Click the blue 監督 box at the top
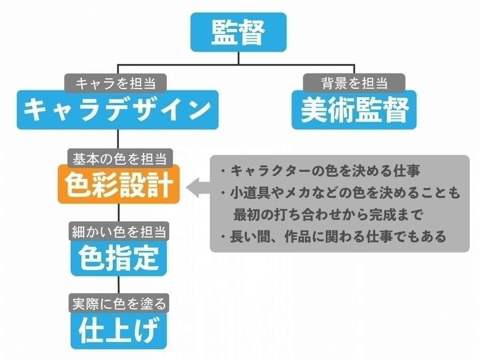[238, 32]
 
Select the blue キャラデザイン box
[118, 110]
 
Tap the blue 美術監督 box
[354, 110]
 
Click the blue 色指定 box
[119, 258]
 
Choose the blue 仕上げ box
[119, 331]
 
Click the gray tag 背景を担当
[354, 83]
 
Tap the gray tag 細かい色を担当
[119, 231]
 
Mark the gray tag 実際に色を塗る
[119, 304]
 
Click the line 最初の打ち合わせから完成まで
[328, 215]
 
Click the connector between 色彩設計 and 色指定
[119, 215]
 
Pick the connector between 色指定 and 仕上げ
[119, 285]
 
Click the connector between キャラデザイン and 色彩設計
[118, 139]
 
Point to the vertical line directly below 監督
[238, 58]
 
